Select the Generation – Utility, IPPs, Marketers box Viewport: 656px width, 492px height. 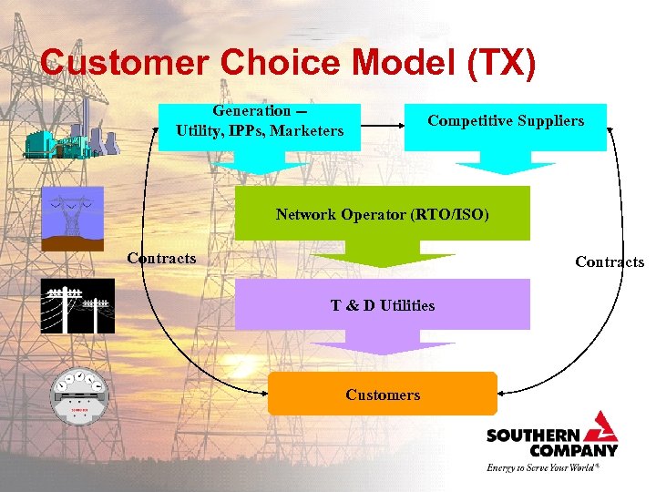(x=260, y=122)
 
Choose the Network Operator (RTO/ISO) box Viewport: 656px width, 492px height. (x=382, y=215)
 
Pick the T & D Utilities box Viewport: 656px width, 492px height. (x=382, y=304)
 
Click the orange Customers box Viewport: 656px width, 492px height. (x=382, y=395)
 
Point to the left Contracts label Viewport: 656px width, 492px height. (x=161, y=258)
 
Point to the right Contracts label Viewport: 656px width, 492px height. (x=609, y=262)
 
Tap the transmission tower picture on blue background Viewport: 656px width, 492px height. (x=72, y=219)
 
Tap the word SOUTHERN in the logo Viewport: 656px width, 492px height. (x=527, y=436)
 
